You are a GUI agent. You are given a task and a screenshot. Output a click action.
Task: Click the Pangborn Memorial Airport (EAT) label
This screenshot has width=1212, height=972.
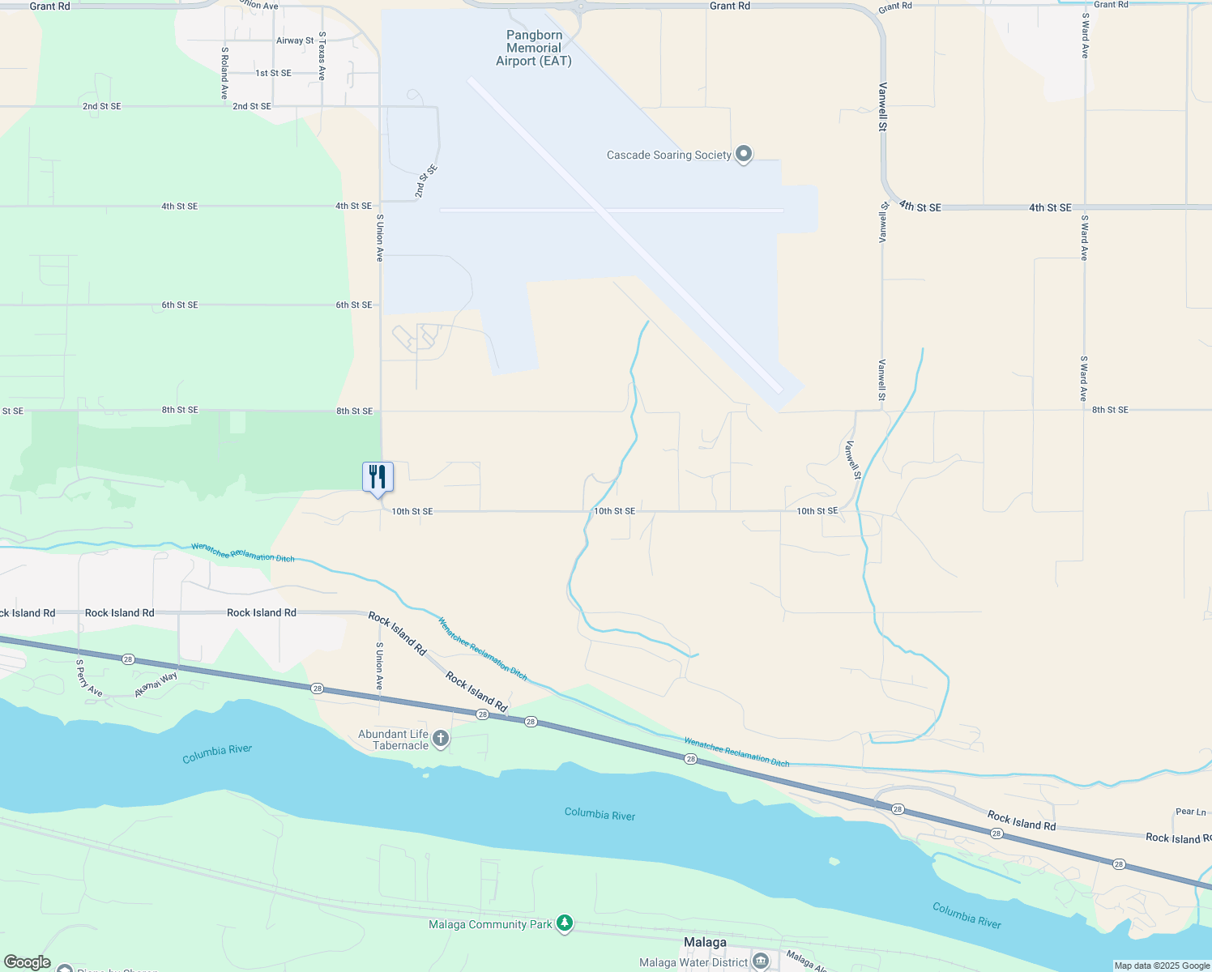(x=534, y=48)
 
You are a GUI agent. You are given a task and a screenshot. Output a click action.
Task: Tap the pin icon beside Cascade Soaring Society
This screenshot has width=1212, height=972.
(x=744, y=155)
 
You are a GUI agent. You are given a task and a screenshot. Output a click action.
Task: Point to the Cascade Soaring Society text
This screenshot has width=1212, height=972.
(x=668, y=156)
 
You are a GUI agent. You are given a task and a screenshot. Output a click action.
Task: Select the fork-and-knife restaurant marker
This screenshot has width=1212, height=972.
(x=378, y=477)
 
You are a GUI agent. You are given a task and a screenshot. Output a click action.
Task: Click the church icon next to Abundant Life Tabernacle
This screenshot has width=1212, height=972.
(x=441, y=738)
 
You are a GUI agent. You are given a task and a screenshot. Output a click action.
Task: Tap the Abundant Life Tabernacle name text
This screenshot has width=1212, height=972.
(x=394, y=740)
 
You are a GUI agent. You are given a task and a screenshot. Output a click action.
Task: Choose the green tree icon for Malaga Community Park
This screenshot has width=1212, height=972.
(x=565, y=923)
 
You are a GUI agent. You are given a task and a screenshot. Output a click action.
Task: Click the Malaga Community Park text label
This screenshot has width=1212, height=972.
(x=490, y=924)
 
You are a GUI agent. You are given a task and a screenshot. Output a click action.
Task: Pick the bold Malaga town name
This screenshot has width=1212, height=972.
(x=705, y=942)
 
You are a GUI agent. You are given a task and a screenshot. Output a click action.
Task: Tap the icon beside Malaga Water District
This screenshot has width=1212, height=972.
(x=760, y=961)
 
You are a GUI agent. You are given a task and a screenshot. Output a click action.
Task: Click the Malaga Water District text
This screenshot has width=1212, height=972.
(x=693, y=962)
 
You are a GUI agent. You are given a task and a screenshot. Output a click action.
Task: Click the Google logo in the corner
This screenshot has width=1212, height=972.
(x=28, y=962)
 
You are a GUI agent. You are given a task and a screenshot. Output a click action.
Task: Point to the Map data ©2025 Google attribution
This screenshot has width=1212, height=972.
(x=1162, y=966)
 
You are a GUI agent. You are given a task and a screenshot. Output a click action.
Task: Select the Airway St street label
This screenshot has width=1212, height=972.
(x=295, y=40)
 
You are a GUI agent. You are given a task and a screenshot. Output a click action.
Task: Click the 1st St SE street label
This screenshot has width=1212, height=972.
(x=273, y=73)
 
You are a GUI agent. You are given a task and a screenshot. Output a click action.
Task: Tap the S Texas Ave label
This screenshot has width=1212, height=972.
(x=322, y=56)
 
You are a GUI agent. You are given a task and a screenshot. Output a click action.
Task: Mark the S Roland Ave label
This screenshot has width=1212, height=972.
(x=224, y=73)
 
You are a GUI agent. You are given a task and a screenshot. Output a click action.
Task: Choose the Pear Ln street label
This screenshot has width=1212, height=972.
(x=1190, y=812)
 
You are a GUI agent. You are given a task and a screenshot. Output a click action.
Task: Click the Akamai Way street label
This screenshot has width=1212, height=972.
(x=156, y=685)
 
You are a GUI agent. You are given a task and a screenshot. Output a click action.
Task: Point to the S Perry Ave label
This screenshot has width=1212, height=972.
(x=89, y=678)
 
